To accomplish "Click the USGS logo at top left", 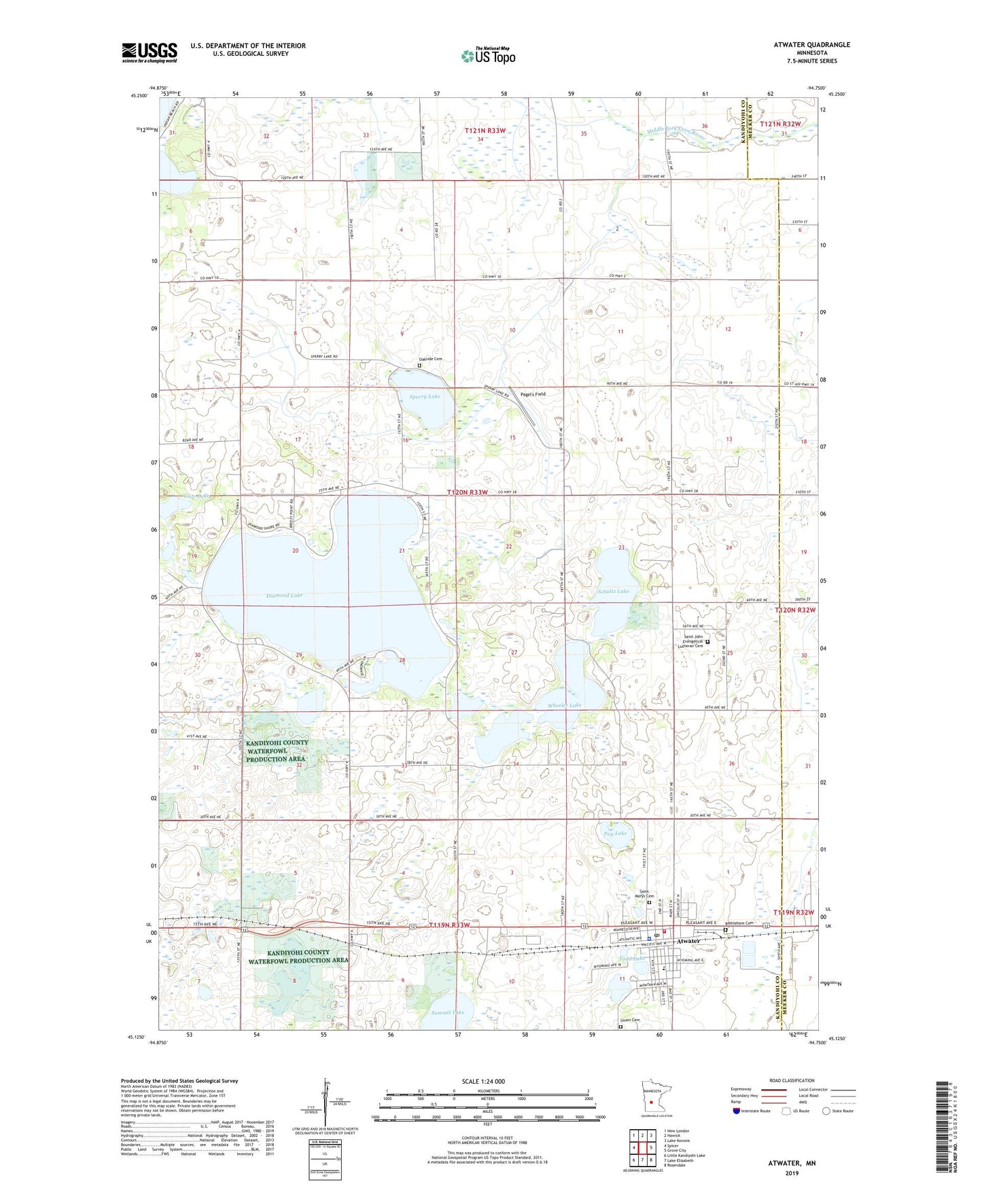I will point(150,52).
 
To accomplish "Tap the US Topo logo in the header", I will point(488,56).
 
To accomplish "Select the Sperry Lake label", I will point(425,396).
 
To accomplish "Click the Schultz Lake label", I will point(613,591).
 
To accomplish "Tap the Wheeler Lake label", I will point(565,706).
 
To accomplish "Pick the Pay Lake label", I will point(616,833).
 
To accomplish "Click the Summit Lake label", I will point(448,1012).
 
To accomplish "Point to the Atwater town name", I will point(687,941).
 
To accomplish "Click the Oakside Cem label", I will point(429,359).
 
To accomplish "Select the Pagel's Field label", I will point(533,394).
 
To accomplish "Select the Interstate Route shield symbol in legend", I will point(737,1111).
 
